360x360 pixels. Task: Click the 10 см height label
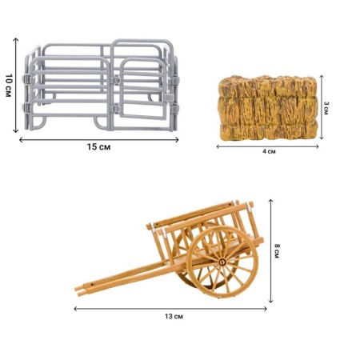pyautogui.click(x=8, y=86)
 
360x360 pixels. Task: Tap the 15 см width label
pyautogui.click(x=98, y=147)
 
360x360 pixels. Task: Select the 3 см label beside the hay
pyautogui.click(x=326, y=108)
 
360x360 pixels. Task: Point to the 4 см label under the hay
pyautogui.click(x=269, y=151)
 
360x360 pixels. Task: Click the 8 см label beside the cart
pyautogui.click(x=277, y=251)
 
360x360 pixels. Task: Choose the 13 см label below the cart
pyautogui.click(x=174, y=317)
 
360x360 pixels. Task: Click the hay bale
pyautogui.click(x=268, y=108)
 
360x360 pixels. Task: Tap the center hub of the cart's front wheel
pyautogui.click(x=222, y=262)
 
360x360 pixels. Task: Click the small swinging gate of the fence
pyautogui.click(x=142, y=88)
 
